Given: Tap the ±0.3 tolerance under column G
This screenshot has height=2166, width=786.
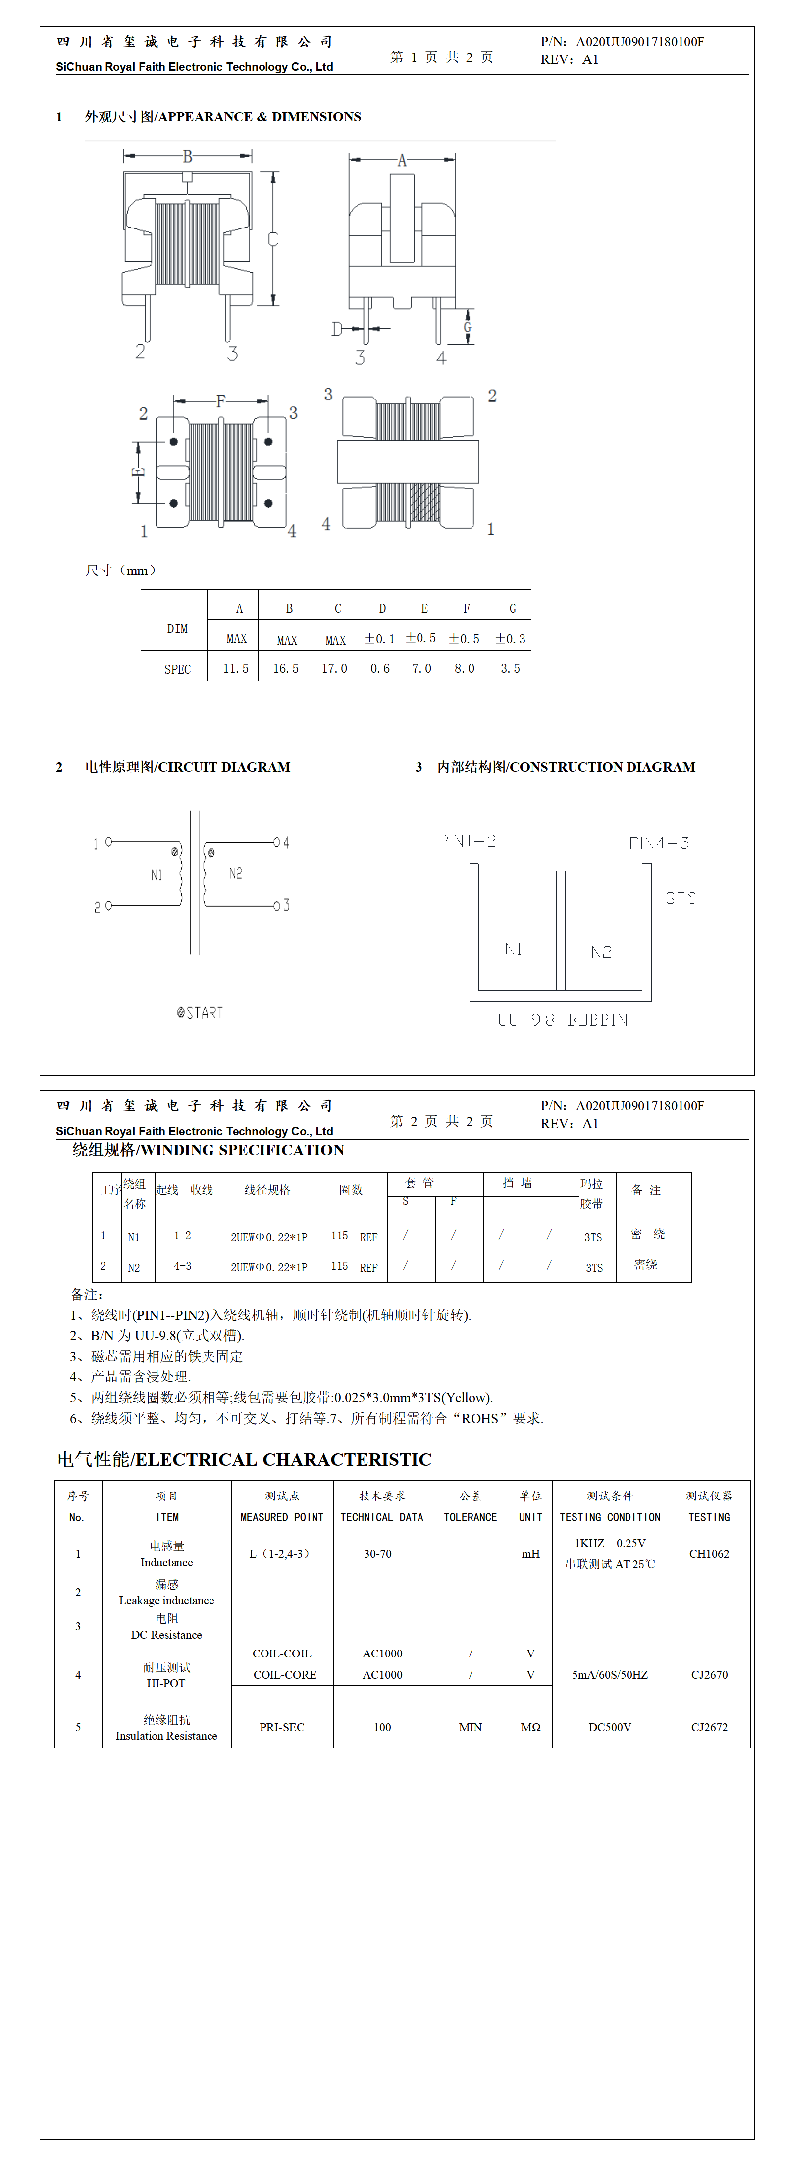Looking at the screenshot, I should (x=510, y=639).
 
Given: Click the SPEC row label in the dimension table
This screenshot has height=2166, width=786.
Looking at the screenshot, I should (x=177, y=669).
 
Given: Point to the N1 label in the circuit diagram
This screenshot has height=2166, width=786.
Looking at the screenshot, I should (x=157, y=875).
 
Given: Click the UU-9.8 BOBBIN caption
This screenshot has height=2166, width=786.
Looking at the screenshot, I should (x=563, y=1020).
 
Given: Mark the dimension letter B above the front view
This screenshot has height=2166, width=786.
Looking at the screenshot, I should (x=188, y=157).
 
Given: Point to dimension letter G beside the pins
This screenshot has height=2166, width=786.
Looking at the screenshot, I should (x=468, y=327).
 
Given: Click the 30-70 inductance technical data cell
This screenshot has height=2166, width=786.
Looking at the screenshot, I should (x=377, y=1554).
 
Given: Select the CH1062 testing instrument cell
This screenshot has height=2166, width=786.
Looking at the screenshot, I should (x=709, y=1554).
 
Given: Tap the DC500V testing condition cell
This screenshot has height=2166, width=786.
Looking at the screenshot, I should (x=610, y=1727).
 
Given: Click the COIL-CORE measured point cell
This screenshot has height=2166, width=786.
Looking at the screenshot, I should (x=285, y=1675).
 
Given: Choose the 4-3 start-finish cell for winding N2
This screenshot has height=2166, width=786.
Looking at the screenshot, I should (x=182, y=1266).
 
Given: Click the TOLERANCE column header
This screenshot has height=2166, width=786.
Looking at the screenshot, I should (x=470, y=1517).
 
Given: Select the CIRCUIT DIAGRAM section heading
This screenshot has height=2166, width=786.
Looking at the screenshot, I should (x=188, y=767).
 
